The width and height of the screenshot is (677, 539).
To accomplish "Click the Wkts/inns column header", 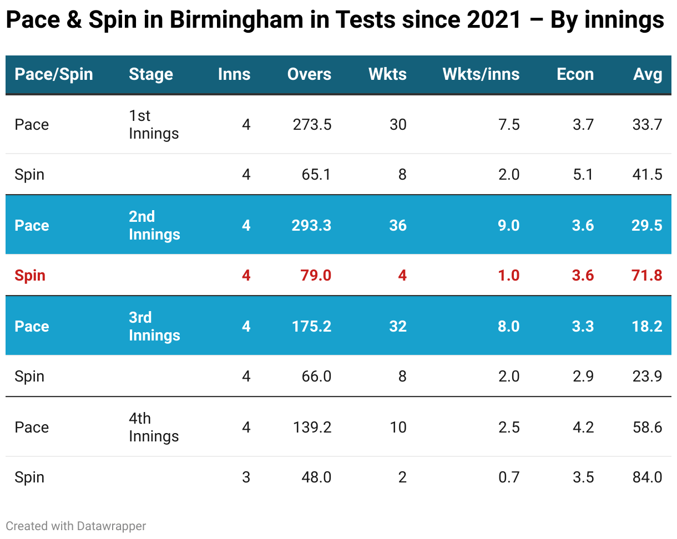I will [481, 74].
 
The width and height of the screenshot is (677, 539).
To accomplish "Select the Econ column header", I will [575, 74].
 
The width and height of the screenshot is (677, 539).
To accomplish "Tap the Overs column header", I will [309, 74].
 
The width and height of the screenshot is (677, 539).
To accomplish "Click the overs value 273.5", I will [312, 125].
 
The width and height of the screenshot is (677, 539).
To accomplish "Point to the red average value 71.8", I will [646, 276].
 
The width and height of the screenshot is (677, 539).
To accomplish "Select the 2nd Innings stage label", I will [154, 225].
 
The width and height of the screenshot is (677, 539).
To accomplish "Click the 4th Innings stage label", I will [154, 427].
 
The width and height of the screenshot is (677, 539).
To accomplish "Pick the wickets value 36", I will [398, 226].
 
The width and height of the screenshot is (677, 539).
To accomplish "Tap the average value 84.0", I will [646, 477].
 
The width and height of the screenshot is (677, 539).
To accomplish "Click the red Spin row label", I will [30, 276].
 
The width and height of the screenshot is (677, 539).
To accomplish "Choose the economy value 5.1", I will [583, 175].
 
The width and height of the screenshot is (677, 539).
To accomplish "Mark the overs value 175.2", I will [312, 327].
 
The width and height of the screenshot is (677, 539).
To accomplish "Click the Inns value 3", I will [246, 477].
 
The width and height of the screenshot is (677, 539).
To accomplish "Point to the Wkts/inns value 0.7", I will [509, 477].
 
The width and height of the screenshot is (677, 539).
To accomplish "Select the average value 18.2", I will [646, 327].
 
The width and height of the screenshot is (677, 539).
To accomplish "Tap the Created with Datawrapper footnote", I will [76, 526].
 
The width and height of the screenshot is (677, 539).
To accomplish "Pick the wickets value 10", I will [398, 428].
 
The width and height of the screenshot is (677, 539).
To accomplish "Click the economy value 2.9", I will [583, 377].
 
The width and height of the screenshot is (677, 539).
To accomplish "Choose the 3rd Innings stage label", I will [154, 326].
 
